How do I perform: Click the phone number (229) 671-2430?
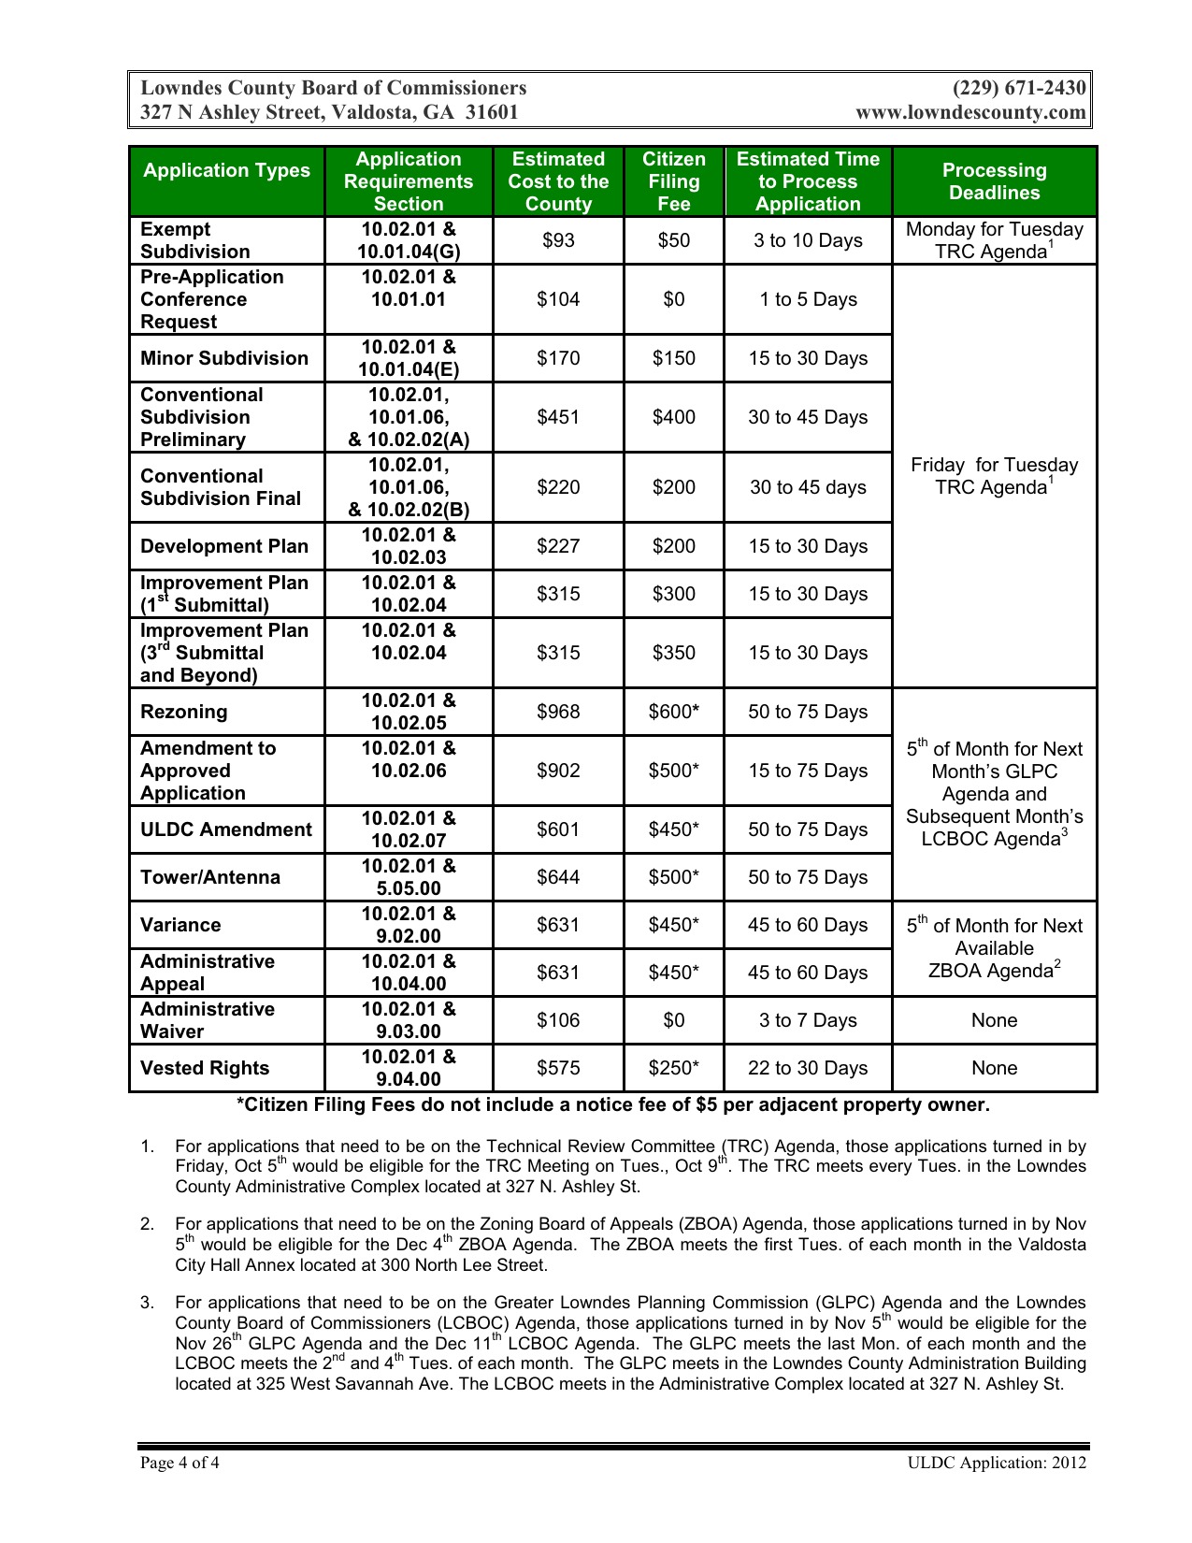coord(1019,88)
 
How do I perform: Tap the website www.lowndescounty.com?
coord(970,113)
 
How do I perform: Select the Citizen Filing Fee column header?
coord(673,181)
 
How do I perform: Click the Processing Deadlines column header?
coord(994,181)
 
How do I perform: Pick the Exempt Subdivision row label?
coord(195,240)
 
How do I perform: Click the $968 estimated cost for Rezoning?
coord(558,712)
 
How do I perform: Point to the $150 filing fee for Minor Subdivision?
coord(673,358)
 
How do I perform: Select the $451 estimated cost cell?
coord(558,417)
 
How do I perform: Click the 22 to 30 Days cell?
coord(808,1068)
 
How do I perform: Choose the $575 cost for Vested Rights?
coord(558,1068)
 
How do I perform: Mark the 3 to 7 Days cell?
coord(808,1020)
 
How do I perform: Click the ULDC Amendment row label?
coord(226,829)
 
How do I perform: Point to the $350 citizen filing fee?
coord(673,653)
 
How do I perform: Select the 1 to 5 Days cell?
coord(808,299)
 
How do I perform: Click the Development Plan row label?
coord(224,546)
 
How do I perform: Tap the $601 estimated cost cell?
coord(558,829)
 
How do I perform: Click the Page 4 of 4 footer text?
coord(180,1463)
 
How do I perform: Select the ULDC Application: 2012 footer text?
coord(997,1463)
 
